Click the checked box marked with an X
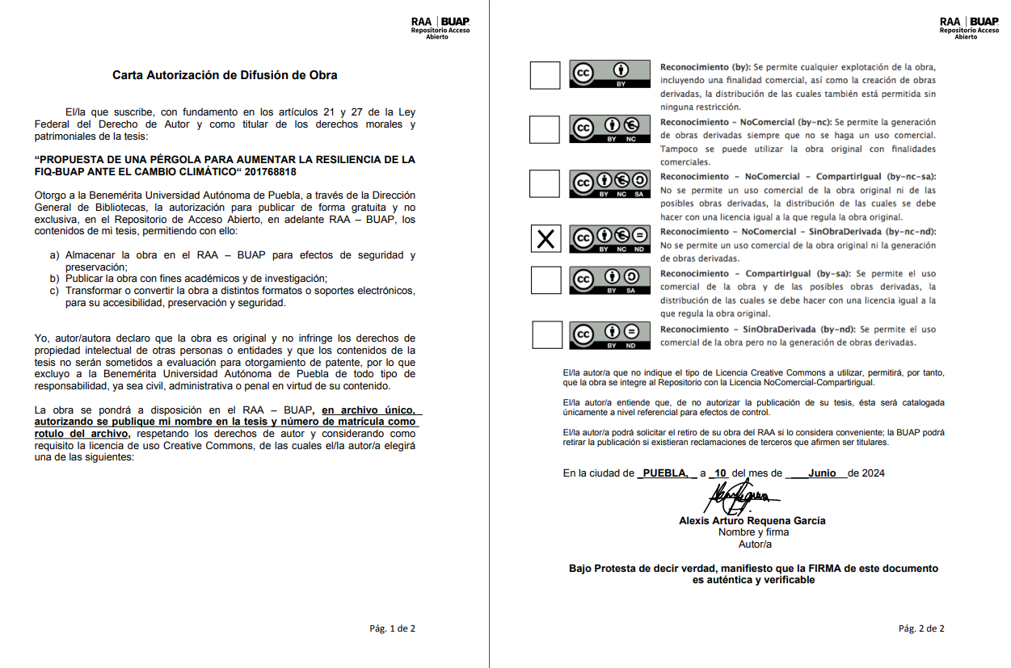[546, 239]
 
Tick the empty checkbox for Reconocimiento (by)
[545, 75]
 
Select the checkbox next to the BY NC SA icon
[545, 184]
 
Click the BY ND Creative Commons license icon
[610, 334]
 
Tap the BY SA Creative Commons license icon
[610, 280]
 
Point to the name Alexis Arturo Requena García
[752, 521]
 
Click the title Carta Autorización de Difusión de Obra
[225, 75]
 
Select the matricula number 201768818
[271, 172]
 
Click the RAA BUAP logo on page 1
[440, 27]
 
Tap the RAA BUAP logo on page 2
[968, 27]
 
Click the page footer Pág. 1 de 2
[392, 628]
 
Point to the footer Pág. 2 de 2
[920, 628]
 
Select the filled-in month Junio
[821, 473]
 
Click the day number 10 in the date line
[721, 473]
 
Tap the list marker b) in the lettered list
[54, 279]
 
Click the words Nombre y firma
[753, 532]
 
